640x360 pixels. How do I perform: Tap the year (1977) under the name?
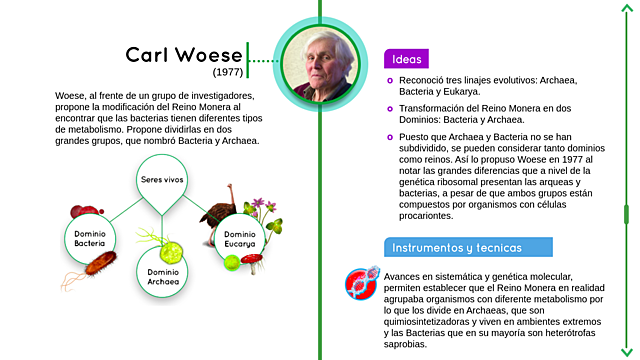[x=227, y=73]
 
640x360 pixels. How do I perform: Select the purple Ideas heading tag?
[x=406, y=58]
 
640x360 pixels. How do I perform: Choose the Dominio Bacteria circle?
[x=90, y=238]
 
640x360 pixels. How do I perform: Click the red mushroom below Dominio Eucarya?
[x=253, y=262]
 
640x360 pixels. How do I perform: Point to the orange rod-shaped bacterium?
[x=101, y=265]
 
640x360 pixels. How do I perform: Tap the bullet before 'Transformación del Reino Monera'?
[x=390, y=107]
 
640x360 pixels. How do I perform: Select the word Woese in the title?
[x=207, y=54]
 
